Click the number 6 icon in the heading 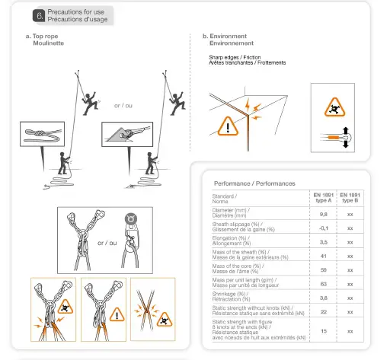click(40, 15)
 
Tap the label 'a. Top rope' click(43, 36)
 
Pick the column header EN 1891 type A click(322, 198)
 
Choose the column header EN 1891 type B click(350, 198)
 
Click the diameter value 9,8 click(322, 214)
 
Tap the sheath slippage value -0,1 click(322, 227)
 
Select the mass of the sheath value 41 click(322, 256)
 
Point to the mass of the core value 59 click(322, 269)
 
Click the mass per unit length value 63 click(322, 284)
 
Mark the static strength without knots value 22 click(322, 311)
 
